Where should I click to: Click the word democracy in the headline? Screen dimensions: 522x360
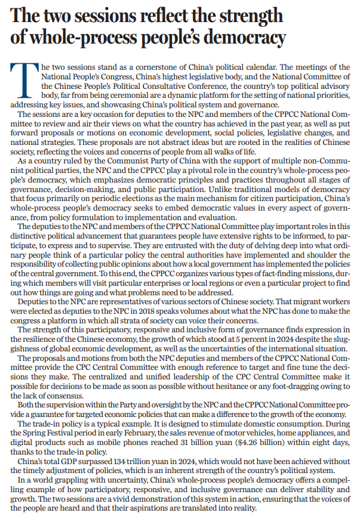[x=242, y=38]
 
